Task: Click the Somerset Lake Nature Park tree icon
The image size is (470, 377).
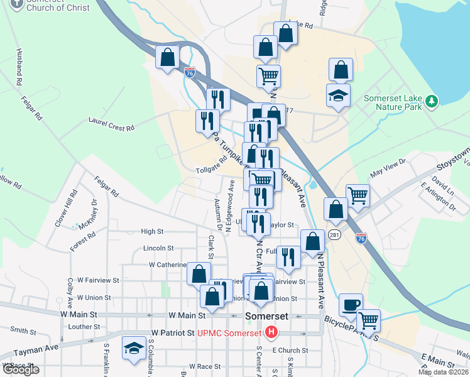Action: coord(431,101)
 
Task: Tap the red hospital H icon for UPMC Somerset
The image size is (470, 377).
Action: coord(271,332)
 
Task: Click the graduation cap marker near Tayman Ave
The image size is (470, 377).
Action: coord(134,350)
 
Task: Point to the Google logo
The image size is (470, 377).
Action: coord(20,369)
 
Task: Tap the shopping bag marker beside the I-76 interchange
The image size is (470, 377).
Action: coord(168,58)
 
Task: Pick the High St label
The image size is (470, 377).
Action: coord(152,231)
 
